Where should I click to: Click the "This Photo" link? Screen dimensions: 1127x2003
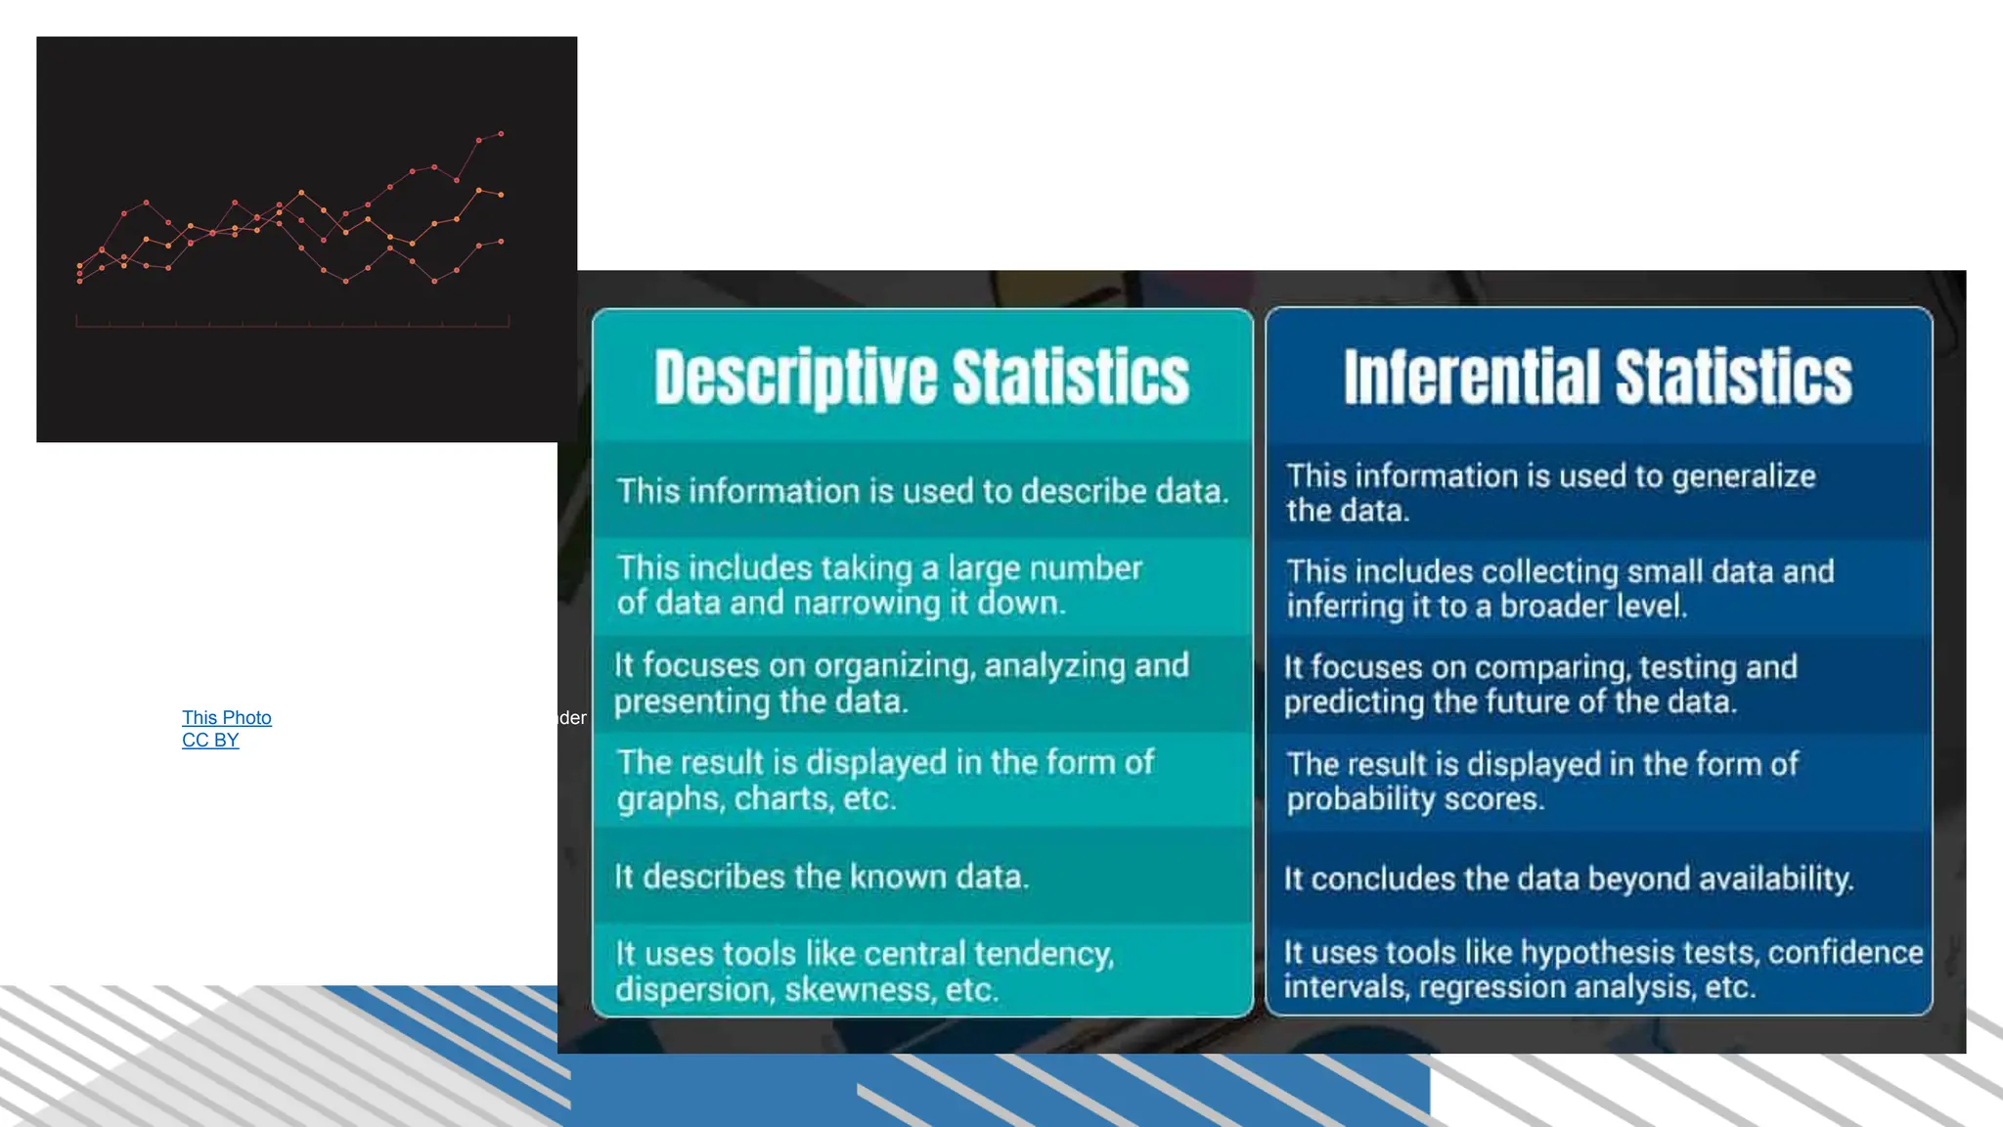coord(226,717)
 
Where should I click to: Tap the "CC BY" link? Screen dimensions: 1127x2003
coord(210,740)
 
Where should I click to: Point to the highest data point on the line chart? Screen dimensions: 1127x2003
coord(501,133)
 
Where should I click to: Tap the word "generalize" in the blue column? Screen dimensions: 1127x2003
coord(1743,475)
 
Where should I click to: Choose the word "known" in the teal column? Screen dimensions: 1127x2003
coord(884,877)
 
